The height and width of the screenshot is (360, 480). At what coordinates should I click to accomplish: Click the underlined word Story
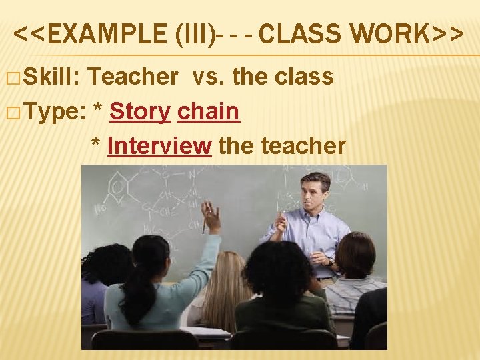click(140, 112)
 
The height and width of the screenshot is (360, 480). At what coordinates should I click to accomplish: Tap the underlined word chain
click(208, 112)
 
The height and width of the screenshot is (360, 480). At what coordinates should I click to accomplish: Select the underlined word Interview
click(159, 145)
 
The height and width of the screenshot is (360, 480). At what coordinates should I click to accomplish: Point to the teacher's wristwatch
click(330, 261)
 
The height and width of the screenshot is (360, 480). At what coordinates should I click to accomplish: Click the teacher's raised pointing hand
click(281, 224)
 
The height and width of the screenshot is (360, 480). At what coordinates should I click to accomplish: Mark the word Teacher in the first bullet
click(132, 77)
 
